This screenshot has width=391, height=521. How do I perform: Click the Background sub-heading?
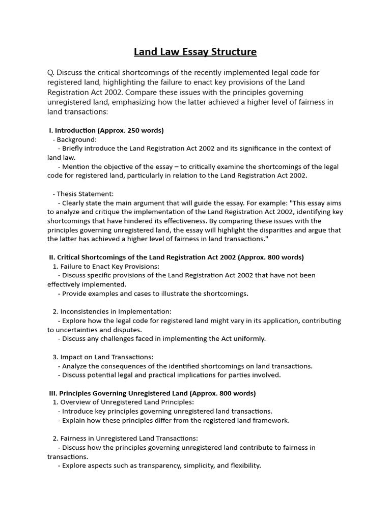click(76, 139)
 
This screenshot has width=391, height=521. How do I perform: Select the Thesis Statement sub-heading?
click(85, 193)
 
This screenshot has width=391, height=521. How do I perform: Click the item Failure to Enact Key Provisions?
click(109, 266)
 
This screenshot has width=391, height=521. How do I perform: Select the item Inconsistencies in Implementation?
click(116, 311)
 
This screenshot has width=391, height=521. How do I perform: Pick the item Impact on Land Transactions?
click(106, 357)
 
